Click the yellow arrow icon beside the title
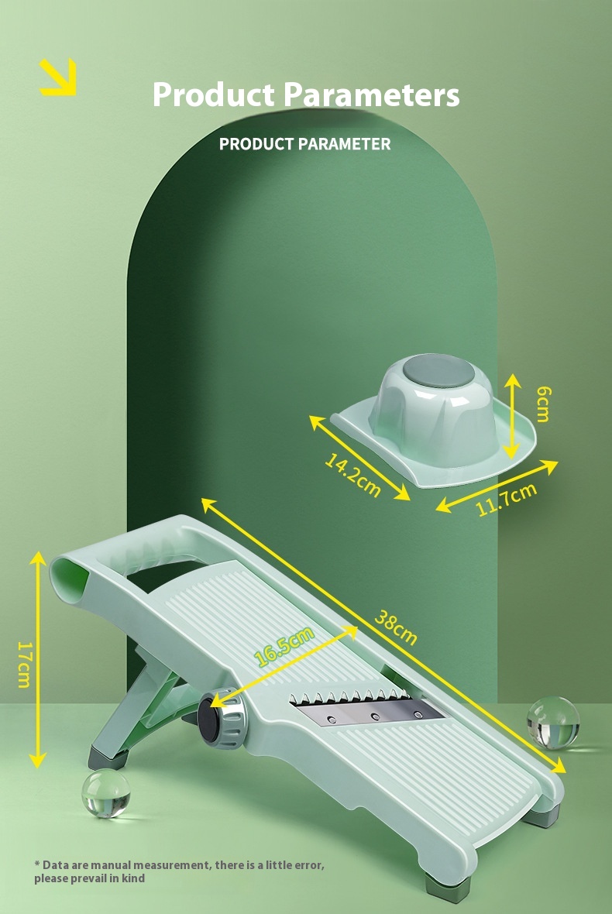[58, 77]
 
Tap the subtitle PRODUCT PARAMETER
[304, 144]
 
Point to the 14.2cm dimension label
[352, 474]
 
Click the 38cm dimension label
[396, 627]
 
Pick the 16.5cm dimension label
[284, 645]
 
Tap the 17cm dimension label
[23, 664]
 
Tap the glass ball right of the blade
[553, 723]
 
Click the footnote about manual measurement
[179, 871]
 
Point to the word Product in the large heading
[214, 95]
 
